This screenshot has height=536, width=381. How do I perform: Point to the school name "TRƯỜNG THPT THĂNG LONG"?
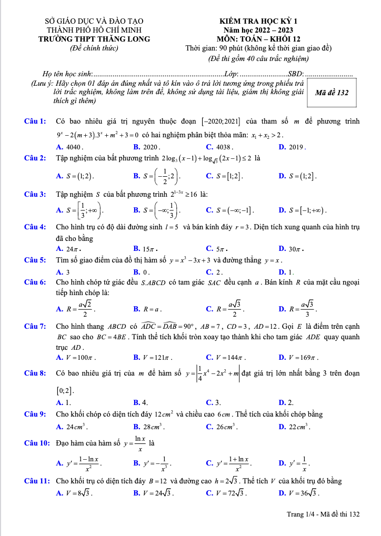pyautogui.click(x=94, y=39)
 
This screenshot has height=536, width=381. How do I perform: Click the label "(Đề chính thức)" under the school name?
pyautogui.click(x=94, y=48)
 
